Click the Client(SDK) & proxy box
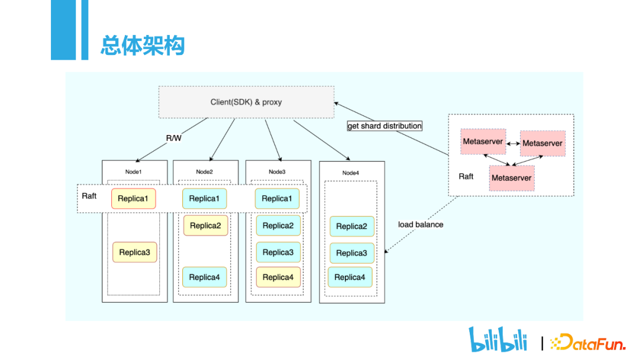(246, 102)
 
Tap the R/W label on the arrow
(173, 138)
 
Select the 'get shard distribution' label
(385, 126)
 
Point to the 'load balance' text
(421, 224)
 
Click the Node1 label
(133, 172)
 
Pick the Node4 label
(350, 173)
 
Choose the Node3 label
(277, 172)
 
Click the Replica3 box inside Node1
(134, 252)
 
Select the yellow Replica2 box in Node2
(205, 226)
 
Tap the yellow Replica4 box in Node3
(278, 277)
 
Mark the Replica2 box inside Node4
(351, 226)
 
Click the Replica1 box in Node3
(277, 198)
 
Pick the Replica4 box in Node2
(204, 277)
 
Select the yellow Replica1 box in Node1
(133, 198)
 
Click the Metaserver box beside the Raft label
(512, 178)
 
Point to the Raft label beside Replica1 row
(89, 196)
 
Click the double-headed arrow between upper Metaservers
(513, 143)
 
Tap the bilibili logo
(498, 339)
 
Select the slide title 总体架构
(143, 45)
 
